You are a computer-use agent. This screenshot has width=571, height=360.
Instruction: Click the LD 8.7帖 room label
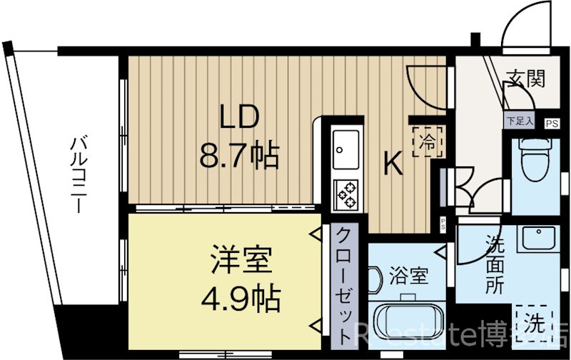pos(238,136)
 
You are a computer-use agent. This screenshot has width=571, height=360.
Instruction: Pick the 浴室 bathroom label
pos(410,275)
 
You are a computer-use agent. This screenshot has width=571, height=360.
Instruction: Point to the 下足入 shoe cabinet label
pos(520,121)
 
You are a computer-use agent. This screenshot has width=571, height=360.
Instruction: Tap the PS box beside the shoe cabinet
pos(551,123)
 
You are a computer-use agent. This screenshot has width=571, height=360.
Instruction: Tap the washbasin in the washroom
pos(536,238)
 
